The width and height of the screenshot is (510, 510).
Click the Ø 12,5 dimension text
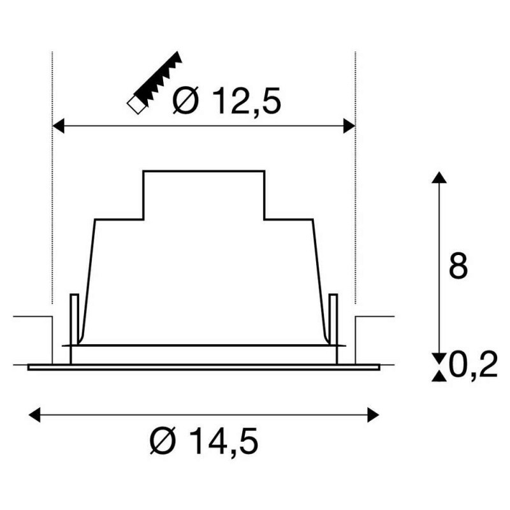(227, 101)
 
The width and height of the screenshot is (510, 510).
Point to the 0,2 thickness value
(473, 363)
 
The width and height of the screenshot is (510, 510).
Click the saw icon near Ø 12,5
(154, 83)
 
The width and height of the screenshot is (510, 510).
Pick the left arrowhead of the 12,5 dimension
(58, 126)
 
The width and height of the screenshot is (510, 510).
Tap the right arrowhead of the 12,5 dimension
(349, 126)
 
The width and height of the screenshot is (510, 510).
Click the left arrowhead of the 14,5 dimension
(34, 415)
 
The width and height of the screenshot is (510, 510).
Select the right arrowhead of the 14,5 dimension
(373, 415)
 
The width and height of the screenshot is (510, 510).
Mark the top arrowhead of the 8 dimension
(439, 178)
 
